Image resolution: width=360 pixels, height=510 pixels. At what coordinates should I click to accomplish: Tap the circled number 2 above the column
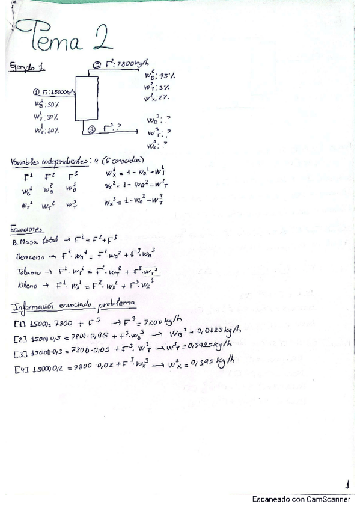pos(97,66)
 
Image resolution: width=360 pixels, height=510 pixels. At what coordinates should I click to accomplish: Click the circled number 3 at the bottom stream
pos(91,129)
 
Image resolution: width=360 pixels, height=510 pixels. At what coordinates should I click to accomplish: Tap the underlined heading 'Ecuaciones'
pos(27,229)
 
